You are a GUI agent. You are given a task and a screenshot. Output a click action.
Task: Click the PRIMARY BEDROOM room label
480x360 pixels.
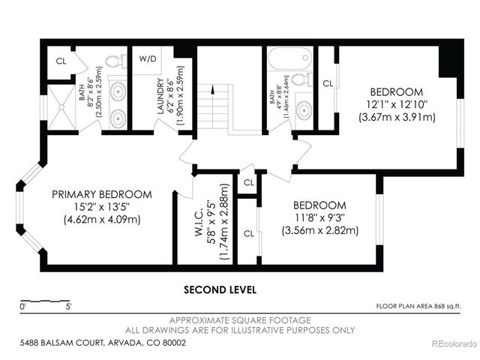pos(101,194)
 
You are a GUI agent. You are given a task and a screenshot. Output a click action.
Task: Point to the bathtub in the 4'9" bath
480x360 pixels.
pos(288,58)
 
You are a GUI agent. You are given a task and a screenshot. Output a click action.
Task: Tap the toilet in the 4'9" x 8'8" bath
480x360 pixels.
pos(298,79)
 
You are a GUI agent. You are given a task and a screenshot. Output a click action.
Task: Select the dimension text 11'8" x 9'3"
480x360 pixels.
pos(319,218)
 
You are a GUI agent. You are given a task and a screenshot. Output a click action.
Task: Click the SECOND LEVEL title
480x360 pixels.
pos(220,289)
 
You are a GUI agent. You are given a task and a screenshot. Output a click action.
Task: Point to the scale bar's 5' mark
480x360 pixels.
pos(68,306)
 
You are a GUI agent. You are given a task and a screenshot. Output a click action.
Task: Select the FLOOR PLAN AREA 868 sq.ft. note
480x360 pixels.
pos(418,306)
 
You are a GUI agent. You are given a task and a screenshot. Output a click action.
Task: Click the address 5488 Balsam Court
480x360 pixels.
pos(102,343)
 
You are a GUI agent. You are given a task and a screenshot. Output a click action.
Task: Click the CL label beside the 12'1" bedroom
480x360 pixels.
pos(327,84)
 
